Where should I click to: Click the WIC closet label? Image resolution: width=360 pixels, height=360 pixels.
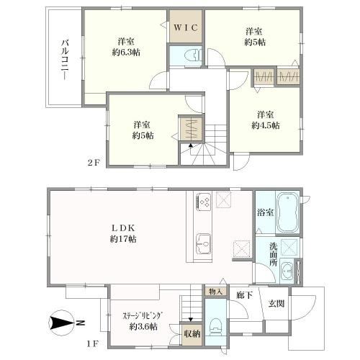click(186, 28)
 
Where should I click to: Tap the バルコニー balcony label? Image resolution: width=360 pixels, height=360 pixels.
click(65, 60)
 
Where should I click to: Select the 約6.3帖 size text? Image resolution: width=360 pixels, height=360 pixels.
click(126, 52)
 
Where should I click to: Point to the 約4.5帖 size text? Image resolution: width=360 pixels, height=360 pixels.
click(265, 125)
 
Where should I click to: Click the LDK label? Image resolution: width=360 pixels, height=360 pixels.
click(124, 228)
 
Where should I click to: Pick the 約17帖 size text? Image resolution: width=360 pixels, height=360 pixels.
click(123, 239)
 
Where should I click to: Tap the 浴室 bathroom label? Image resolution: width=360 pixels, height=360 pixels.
click(266, 212)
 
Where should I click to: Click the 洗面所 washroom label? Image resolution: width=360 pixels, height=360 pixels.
click(273, 254)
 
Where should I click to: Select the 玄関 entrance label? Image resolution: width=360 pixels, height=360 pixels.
click(276, 304)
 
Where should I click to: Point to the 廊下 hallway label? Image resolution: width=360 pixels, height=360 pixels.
click(244, 295)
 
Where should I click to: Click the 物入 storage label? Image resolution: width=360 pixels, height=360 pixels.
click(216, 292)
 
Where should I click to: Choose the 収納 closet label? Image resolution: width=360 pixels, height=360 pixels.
click(192, 333)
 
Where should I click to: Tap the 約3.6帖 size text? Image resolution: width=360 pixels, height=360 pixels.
click(143, 327)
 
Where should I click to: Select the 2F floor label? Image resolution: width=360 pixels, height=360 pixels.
click(94, 163)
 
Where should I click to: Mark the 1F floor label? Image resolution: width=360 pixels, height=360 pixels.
click(93, 344)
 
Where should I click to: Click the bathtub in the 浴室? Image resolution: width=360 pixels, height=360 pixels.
click(287, 212)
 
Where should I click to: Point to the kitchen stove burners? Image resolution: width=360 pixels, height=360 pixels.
click(204, 202)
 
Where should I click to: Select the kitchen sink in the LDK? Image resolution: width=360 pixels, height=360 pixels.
click(204, 243)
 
